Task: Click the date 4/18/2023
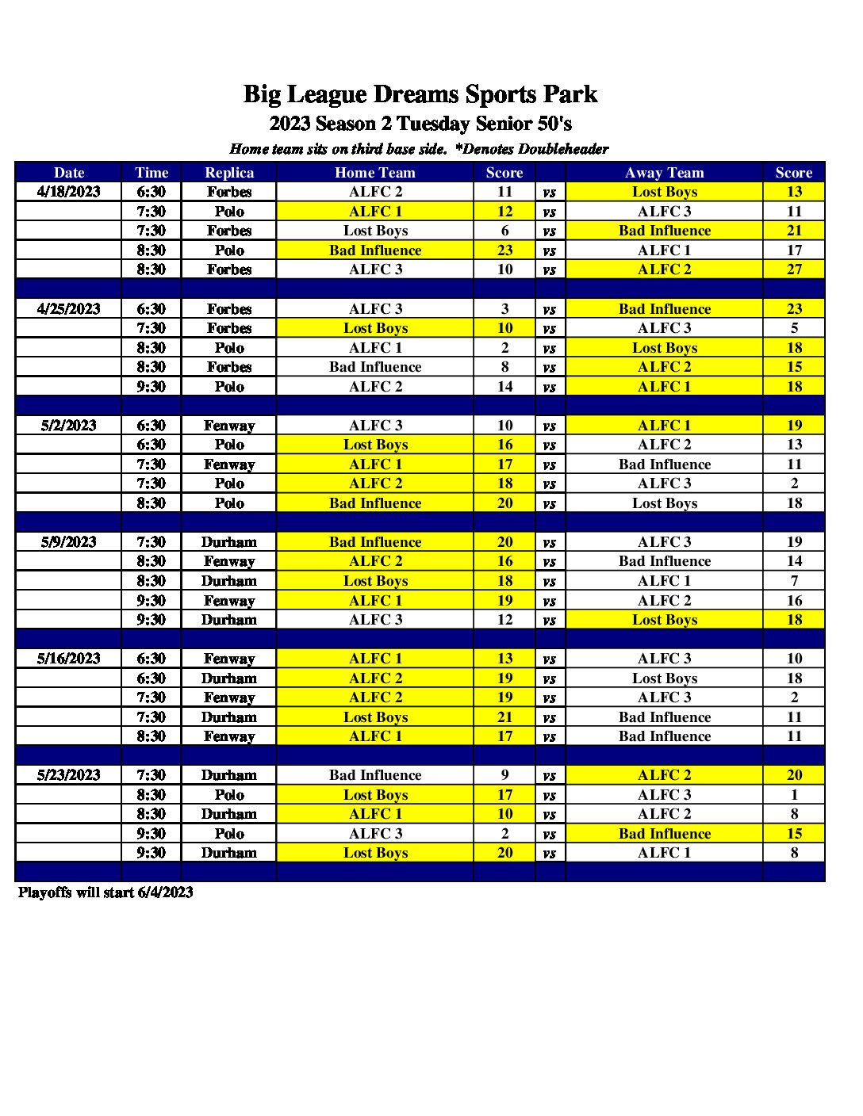(x=69, y=192)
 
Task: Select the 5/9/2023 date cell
(x=69, y=542)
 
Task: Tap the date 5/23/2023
(x=69, y=775)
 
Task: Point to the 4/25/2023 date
(x=69, y=309)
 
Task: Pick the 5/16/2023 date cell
(x=69, y=659)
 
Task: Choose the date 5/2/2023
(x=69, y=426)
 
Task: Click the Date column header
(x=69, y=173)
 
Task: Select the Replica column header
(x=229, y=173)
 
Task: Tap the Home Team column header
(x=375, y=173)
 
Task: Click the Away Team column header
(x=665, y=173)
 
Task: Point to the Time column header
(x=152, y=173)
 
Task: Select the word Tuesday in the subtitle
(x=433, y=124)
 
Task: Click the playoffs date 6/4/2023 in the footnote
(x=165, y=892)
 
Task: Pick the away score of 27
(x=794, y=269)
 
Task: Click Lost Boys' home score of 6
(x=505, y=231)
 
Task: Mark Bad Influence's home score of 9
(x=505, y=775)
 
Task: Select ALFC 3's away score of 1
(x=794, y=795)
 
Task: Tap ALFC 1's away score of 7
(x=794, y=581)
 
